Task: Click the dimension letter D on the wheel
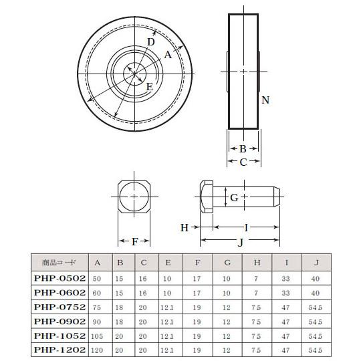pyautogui.click(x=151, y=41)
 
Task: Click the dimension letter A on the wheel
pyautogui.click(x=168, y=57)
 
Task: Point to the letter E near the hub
pyautogui.click(x=149, y=88)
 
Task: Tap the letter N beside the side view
pyautogui.click(x=265, y=100)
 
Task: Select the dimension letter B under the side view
pyautogui.click(x=243, y=148)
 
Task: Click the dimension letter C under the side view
pyautogui.click(x=243, y=161)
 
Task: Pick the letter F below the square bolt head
pyautogui.click(x=135, y=241)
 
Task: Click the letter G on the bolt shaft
pyautogui.click(x=233, y=197)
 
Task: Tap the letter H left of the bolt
pyautogui.click(x=185, y=228)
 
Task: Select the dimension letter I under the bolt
pyautogui.click(x=246, y=228)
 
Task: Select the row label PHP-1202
pyautogui.click(x=59, y=350)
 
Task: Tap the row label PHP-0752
pyautogui.click(x=59, y=306)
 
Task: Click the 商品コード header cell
pyautogui.click(x=59, y=263)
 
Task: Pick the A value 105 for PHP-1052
pyautogui.click(x=98, y=336)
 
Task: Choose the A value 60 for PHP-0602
pyautogui.click(x=98, y=292)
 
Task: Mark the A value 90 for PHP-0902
pyautogui.click(x=98, y=321)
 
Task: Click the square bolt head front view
pyautogui.click(x=135, y=196)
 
